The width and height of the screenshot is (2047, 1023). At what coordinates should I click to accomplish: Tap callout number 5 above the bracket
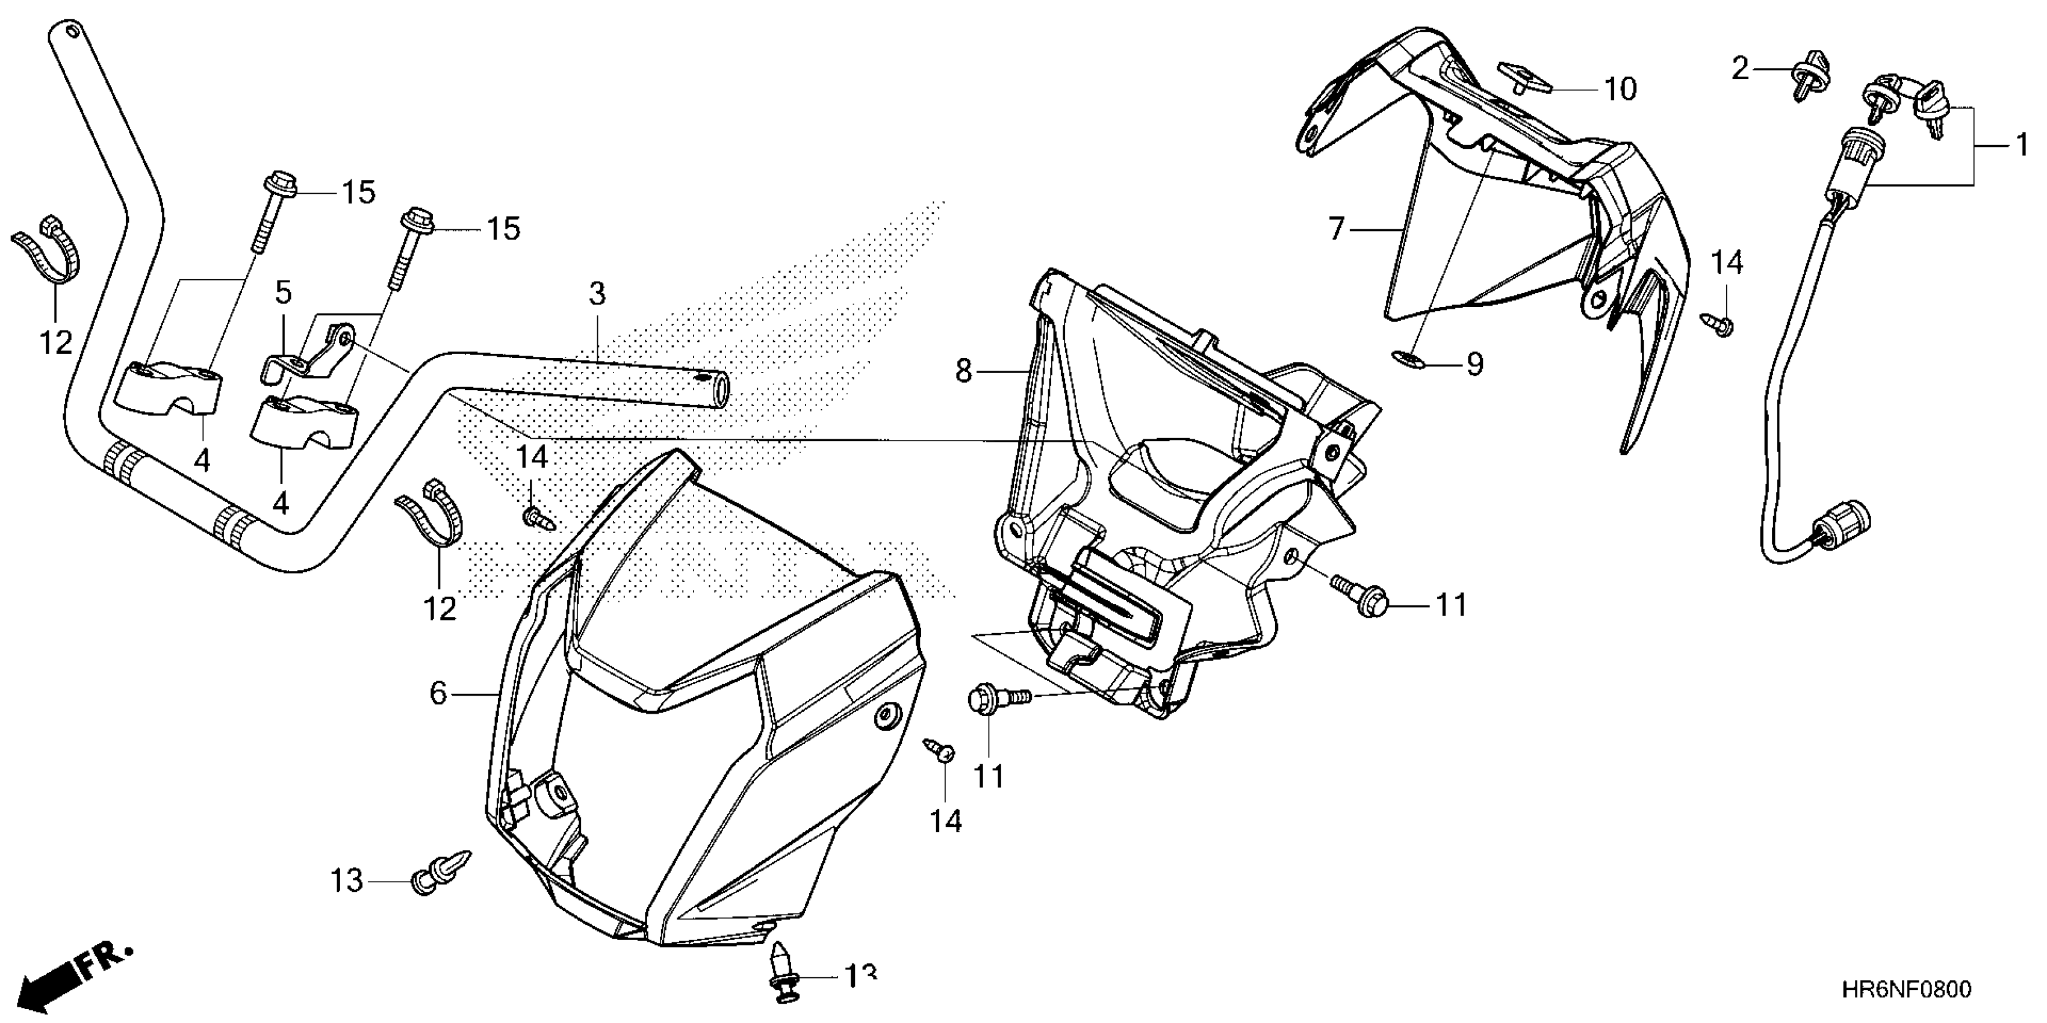click(x=283, y=292)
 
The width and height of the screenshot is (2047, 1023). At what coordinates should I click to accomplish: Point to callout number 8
click(x=964, y=370)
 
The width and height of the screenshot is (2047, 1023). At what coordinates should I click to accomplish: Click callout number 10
click(x=1620, y=89)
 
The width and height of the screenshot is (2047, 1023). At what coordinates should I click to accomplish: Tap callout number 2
click(x=1741, y=69)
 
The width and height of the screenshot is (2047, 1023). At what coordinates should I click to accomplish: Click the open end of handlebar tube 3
click(x=718, y=392)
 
